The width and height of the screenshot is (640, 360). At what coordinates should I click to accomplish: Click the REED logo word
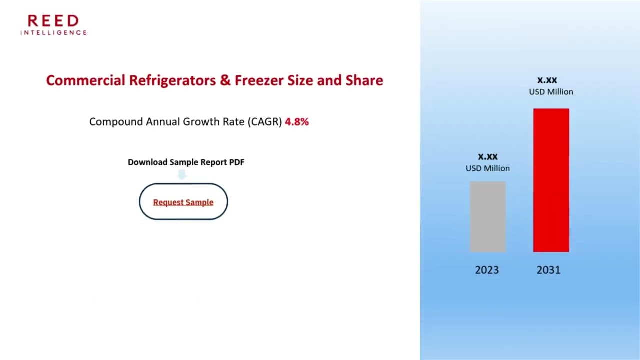[x=53, y=21]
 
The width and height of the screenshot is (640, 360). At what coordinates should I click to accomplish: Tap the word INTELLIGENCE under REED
[x=53, y=33]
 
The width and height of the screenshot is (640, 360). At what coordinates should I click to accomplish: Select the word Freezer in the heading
[x=259, y=80]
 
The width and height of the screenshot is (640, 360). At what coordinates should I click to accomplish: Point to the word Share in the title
[x=364, y=80]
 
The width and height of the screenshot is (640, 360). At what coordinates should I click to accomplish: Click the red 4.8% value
[x=297, y=122]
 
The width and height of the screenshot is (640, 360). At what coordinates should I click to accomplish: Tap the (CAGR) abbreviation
[x=265, y=122]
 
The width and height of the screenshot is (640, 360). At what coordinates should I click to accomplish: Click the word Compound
[x=116, y=122]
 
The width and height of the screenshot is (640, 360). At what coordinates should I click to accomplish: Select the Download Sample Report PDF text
[x=186, y=162]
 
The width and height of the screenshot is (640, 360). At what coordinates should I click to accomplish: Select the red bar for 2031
[x=551, y=180]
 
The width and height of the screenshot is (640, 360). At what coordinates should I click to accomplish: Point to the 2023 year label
[x=487, y=270]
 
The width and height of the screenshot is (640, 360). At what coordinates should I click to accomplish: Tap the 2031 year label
[x=548, y=270]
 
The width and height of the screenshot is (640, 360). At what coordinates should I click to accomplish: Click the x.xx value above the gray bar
[x=488, y=157]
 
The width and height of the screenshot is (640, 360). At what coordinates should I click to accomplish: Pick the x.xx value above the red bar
[x=547, y=80]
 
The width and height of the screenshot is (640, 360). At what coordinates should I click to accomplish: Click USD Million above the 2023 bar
[x=488, y=168]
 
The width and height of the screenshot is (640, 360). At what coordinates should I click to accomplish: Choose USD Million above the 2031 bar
[x=551, y=92]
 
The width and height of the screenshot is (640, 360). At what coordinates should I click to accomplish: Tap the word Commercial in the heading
[x=85, y=80]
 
